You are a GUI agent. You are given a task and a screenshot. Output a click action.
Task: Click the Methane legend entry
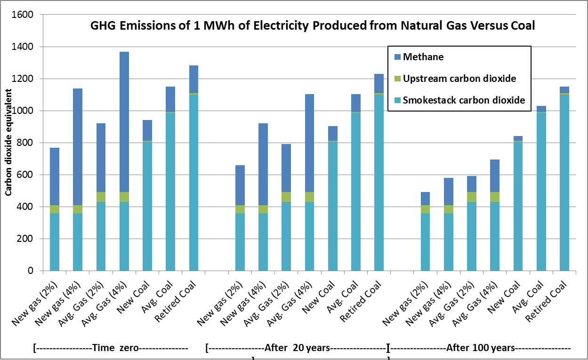(x=423, y=57)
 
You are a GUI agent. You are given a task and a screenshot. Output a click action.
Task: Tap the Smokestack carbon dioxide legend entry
(x=464, y=100)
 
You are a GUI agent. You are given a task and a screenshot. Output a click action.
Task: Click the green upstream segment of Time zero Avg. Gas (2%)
(x=101, y=197)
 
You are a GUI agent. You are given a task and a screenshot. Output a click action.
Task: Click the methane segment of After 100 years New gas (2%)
(x=425, y=198)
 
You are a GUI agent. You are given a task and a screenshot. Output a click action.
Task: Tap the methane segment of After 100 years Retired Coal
(x=564, y=90)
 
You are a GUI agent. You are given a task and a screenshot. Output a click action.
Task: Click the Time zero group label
(x=111, y=348)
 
